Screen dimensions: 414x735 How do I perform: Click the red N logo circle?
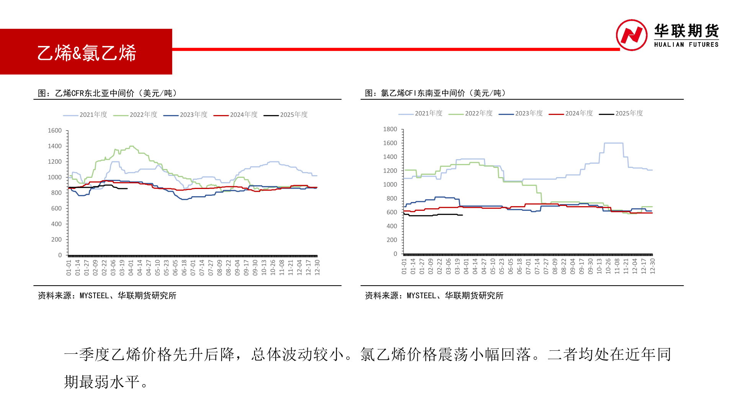click(x=631, y=35)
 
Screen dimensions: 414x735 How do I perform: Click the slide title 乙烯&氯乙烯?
click(x=87, y=53)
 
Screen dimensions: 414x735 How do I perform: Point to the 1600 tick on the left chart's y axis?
click(x=55, y=131)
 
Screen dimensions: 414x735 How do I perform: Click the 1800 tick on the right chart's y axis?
click(x=390, y=129)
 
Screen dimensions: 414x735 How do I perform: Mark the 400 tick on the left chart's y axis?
click(x=56, y=224)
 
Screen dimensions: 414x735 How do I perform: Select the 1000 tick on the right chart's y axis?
click(x=390, y=184)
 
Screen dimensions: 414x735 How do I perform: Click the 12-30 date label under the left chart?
click(x=317, y=268)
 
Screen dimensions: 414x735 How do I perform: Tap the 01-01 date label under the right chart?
click(x=404, y=266)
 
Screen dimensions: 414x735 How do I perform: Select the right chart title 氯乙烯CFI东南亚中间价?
click(x=435, y=93)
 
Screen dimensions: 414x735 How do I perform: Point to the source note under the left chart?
click(x=107, y=296)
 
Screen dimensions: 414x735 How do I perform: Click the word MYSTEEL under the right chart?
click(x=421, y=296)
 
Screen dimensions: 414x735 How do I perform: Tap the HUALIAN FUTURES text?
click(x=686, y=44)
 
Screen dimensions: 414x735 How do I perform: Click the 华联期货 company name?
click(x=686, y=31)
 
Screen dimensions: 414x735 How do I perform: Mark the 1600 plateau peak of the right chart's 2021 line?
click(x=614, y=143)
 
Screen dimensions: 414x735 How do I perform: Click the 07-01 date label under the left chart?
click(x=193, y=268)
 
